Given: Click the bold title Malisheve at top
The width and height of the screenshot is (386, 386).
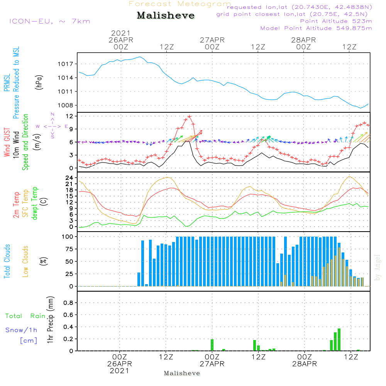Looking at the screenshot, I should coord(166,15).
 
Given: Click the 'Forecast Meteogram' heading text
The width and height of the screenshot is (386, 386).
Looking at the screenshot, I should coord(180,4).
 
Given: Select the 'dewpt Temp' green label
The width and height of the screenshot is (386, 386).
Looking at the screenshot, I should coord(35,203).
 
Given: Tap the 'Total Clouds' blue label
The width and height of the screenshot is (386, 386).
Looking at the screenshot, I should coord(7,261).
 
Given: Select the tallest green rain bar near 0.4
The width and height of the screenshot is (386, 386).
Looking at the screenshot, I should coord(339,340).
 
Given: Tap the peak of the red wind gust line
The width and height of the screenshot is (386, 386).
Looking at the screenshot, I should coord(189,116).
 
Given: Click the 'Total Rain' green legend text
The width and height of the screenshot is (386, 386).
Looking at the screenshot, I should coord(25,316).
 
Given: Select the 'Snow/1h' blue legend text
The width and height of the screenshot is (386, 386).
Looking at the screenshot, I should coord(22,330).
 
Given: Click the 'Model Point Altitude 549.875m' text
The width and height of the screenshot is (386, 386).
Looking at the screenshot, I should coord(316,28).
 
